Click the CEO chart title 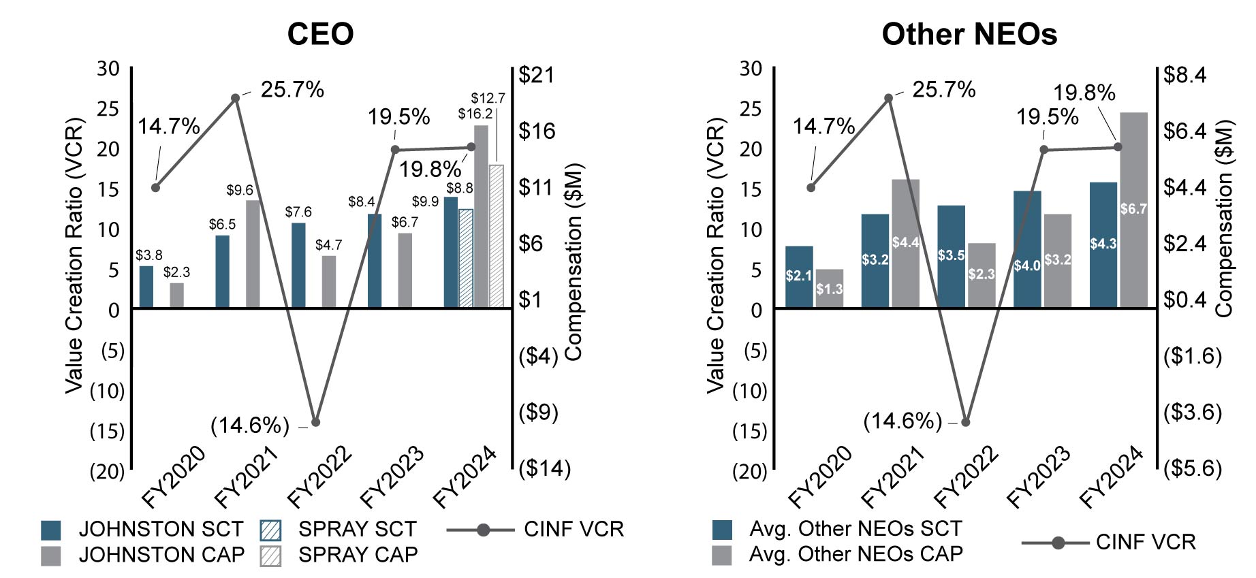coord(320,34)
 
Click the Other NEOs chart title coord(969,34)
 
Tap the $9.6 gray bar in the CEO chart coord(253,254)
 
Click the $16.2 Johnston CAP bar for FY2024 coord(481,216)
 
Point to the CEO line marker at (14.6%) coord(315,423)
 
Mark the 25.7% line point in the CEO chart coord(236,98)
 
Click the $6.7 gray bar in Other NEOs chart coord(1133,210)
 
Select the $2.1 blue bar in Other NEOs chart coord(799,276)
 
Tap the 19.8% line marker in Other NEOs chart coord(1118,147)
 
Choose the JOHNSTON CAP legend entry coord(161,555)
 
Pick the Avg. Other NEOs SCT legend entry coord(855,529)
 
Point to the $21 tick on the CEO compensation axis coord(537,74)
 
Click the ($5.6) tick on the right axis coord(1192,468)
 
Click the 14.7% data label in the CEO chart coord(169,127)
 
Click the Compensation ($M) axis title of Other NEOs coord(1225,219)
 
